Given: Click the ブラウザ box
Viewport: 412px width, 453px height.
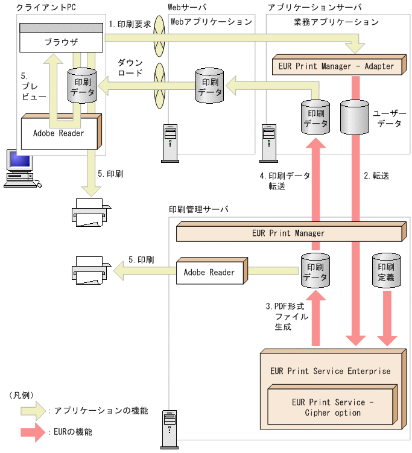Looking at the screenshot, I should click(60, 42).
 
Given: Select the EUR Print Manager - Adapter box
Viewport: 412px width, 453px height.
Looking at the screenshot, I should click(336, 66).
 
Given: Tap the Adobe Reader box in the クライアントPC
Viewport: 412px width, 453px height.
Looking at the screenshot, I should click(59, 133).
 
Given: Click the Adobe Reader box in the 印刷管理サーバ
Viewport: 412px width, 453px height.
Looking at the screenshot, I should click(209, 273).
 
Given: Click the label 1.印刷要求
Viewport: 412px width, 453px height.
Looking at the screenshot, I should click(130, 25).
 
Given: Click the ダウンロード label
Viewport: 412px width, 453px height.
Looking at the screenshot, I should click(130, 68).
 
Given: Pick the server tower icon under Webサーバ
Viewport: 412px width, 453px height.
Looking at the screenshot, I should click(171, 143).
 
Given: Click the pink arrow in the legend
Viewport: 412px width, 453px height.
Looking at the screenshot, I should click(34, 432).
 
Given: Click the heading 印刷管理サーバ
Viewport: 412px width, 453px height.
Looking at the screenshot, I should click(199, 209).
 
